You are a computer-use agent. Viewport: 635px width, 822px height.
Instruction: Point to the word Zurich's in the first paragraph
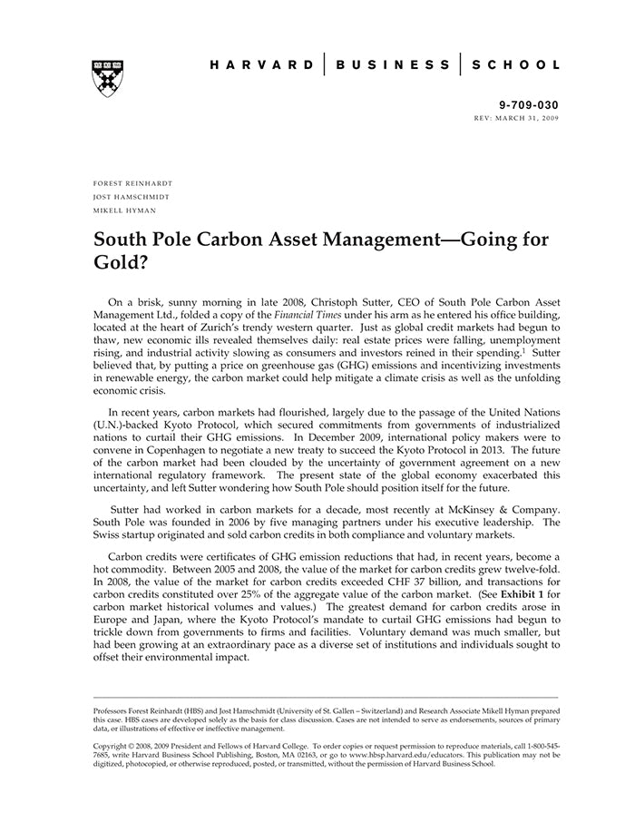(x=249, y=329)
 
